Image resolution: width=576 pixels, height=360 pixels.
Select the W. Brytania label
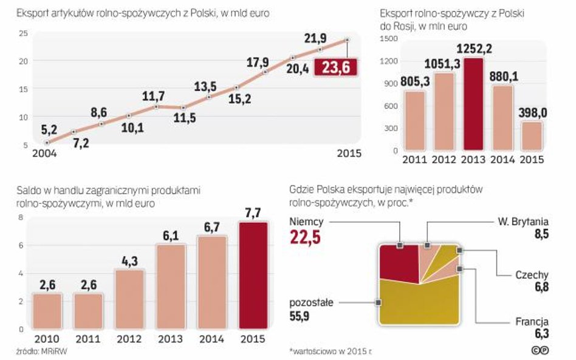523,221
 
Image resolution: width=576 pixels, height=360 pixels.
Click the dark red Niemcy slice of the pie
398,261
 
